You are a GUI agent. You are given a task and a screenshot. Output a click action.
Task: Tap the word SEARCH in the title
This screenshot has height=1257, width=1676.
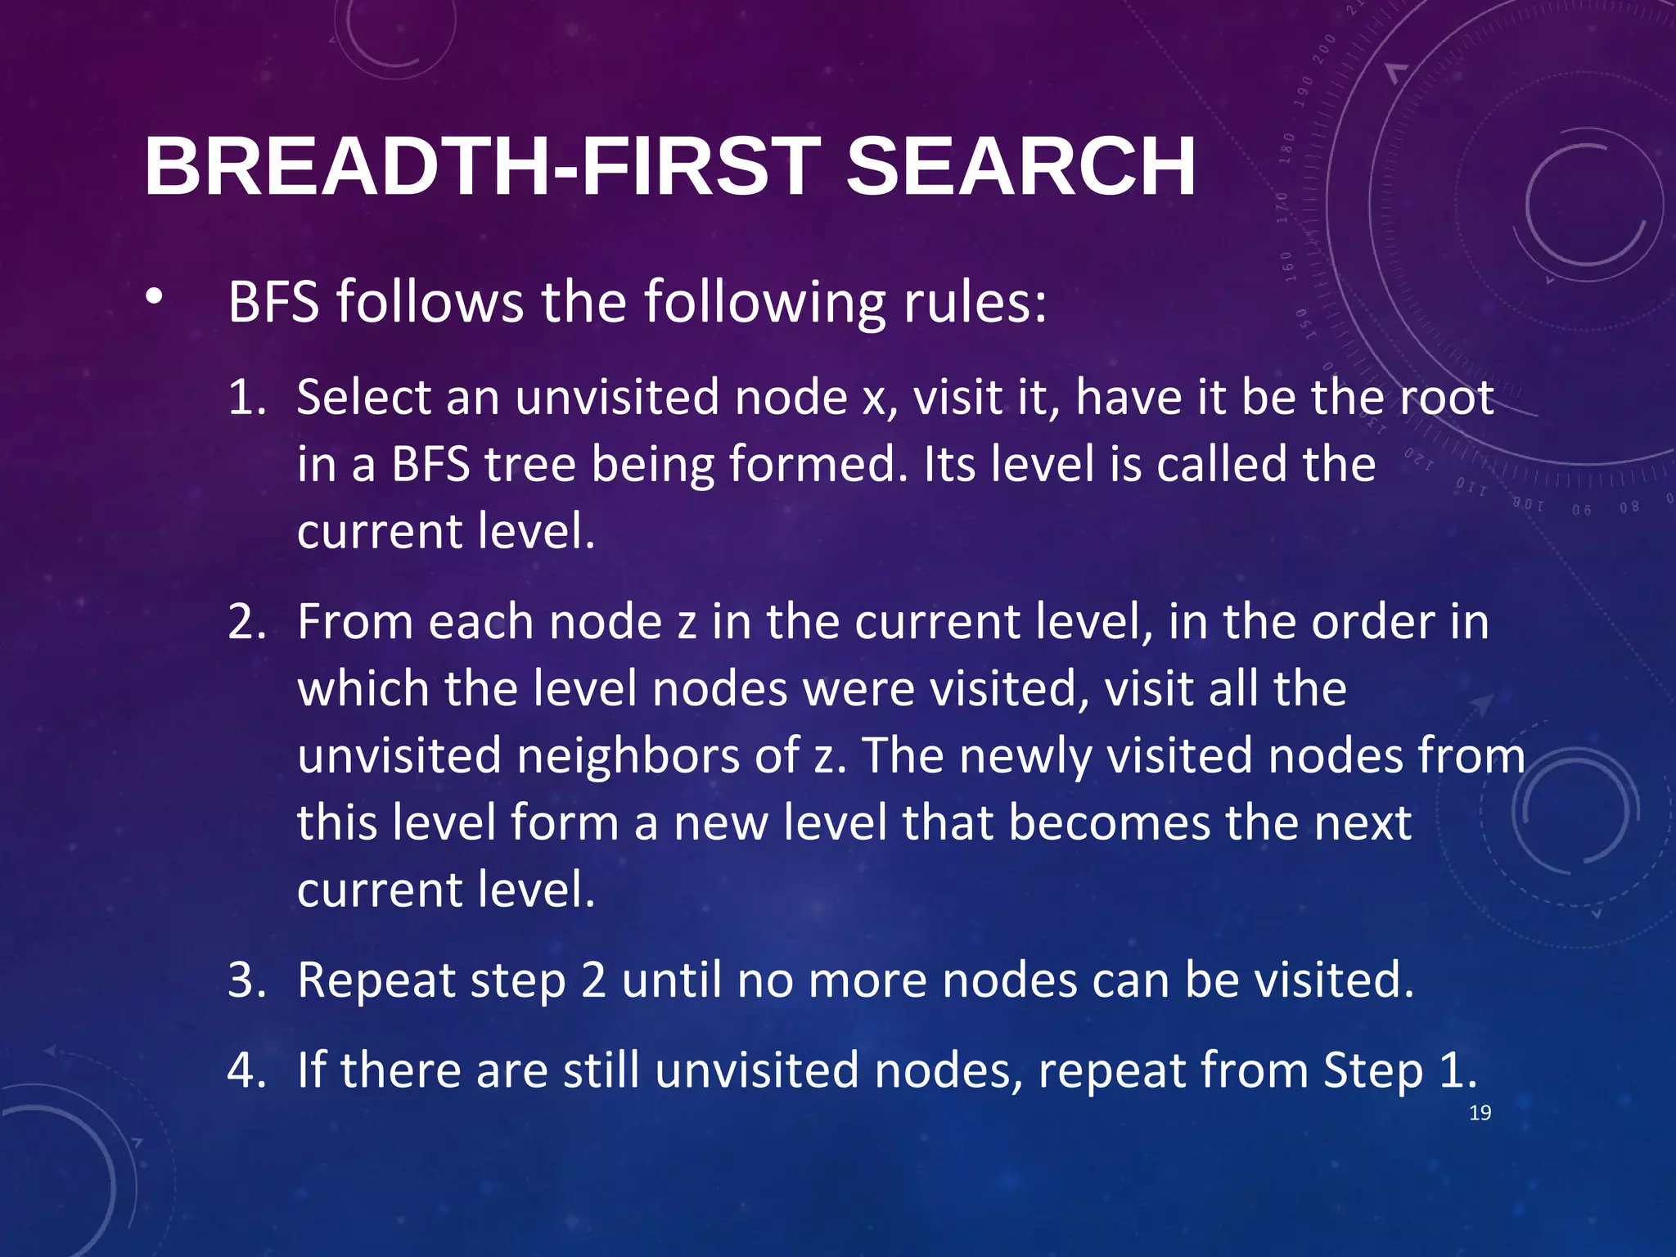pos(1020,166)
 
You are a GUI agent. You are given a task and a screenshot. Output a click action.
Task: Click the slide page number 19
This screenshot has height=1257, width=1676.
pos(1480,1113)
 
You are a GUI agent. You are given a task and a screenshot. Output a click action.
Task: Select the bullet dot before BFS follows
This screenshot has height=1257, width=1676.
pos(154,299)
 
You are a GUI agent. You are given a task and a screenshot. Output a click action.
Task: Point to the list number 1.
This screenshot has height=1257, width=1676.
pos(246,398)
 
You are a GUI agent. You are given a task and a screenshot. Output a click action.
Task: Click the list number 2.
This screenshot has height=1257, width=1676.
pos(246,622)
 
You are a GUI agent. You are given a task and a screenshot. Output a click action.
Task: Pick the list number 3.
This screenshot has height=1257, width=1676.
pos(246,980)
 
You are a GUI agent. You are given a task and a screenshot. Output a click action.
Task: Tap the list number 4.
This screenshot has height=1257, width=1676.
pos(246,1070)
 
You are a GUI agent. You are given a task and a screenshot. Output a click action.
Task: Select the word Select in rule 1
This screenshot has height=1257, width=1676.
pos(363,398)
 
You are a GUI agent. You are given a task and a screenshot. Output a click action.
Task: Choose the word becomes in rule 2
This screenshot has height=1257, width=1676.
pos(1109,822)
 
